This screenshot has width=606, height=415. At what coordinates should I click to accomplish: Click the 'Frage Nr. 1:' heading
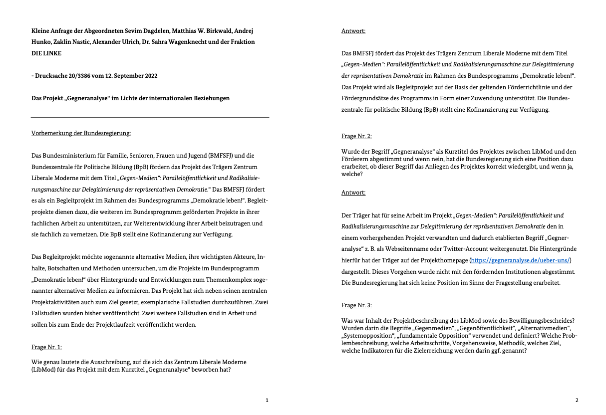46,347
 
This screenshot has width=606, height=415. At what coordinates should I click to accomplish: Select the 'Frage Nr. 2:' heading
356,136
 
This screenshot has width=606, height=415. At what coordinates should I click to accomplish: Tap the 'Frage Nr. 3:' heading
356,305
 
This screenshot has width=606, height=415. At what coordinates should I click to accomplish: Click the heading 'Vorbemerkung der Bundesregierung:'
81,133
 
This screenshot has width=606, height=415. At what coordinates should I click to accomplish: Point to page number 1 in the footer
267,400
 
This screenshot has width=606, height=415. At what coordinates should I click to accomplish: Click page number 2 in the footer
577,400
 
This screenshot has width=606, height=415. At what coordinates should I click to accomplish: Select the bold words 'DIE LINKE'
46,53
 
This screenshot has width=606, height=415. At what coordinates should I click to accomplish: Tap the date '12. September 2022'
132,76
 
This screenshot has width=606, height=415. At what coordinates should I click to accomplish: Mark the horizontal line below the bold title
150,117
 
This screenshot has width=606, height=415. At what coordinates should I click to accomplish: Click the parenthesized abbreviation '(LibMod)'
45,370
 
